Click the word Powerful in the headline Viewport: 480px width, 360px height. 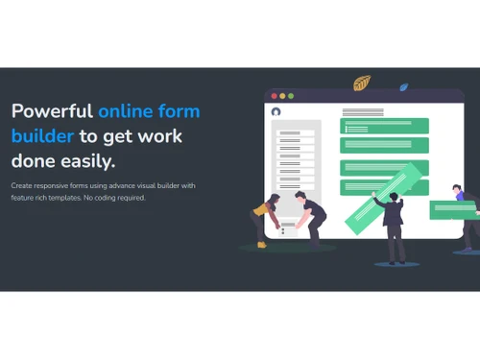tap(52, 111)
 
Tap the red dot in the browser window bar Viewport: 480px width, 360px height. tap(274, 96)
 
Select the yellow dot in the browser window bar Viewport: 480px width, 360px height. tap(282, 96)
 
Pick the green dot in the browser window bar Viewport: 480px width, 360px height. tap(291, 96)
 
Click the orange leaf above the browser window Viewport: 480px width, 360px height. tap(362, 84)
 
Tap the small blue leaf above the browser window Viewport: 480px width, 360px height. tap(404, 87)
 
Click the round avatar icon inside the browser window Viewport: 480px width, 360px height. tap(276, 111)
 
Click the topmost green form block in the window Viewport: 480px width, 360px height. tap(385, 126)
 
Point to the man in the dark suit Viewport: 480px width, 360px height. tap(393, 227)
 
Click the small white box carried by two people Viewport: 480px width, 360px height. tap(287, 229)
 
